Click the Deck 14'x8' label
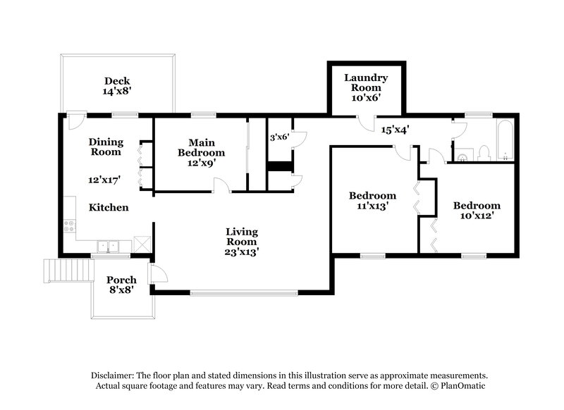[117, 86]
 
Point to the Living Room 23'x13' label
[242, 241]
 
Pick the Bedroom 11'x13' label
[372, 201]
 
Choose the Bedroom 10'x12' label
[477, 211]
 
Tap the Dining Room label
[105, 147]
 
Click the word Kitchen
[108, 208]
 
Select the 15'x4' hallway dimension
[396, 129]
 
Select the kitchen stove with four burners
[70, 226]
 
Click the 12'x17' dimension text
[104, 180]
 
